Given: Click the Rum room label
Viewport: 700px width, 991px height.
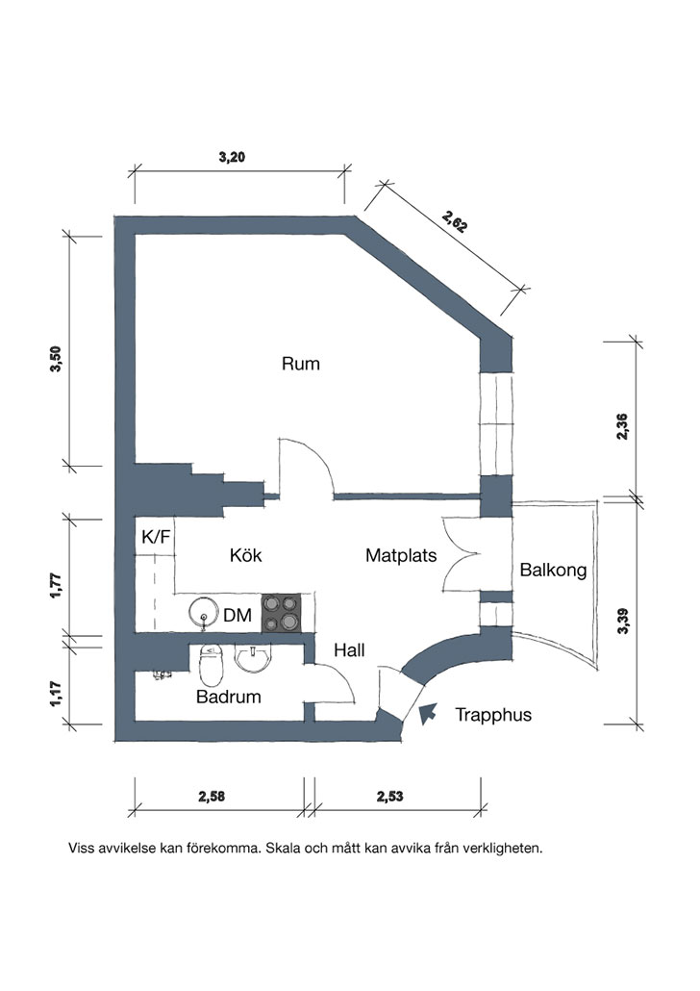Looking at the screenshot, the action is (x=301, y=364).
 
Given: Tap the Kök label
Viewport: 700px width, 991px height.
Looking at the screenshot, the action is (x=246, y=555).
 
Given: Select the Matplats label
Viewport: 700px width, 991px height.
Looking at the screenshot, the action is (x=401, y=555).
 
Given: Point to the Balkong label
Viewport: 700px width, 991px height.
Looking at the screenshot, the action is (x=554, y=571).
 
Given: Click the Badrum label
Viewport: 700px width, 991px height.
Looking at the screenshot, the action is (x=229, y=697).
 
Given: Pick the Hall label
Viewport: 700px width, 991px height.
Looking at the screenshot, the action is (x=349, y=649).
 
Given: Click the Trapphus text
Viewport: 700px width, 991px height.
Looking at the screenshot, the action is (x=493, y=715).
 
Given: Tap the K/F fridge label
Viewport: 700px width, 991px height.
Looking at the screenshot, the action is (x=156, y=537).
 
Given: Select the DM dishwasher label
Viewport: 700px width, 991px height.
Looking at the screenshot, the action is (x=237, y=614).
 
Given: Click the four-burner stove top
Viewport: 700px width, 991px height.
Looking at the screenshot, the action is (x=281, y=613).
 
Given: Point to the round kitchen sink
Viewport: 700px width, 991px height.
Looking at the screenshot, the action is (x=204, y=613).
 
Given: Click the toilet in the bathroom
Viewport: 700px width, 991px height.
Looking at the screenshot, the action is (x=211, y=665).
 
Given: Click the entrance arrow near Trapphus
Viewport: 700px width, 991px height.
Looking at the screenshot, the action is (x=428, y=712).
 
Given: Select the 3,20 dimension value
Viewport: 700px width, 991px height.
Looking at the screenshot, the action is (x=232, y=157).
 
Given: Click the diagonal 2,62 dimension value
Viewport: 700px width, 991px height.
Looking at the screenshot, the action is (x=455, y=222).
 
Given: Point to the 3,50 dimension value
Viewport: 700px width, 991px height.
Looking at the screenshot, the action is (x=56, y=359).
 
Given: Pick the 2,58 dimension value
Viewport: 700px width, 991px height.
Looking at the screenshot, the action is (x=212, y=797).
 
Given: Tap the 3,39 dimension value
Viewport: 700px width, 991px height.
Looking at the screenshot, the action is (x=622, y=621).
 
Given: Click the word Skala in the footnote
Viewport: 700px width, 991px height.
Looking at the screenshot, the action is (x=283, y=848).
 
